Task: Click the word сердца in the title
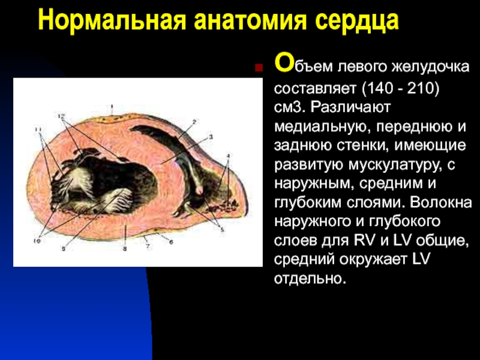356,22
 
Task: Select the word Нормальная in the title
112,21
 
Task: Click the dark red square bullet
259,68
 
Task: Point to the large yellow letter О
284,62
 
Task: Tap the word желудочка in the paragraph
430,67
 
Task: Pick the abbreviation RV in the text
365,241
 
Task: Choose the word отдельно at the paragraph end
310,278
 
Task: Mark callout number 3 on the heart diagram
211,137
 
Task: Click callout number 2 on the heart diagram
194,122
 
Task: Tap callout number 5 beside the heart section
223,230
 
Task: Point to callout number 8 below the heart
125,249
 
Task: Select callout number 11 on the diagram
38,130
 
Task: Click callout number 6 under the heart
171,242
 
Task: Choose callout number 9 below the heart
64,249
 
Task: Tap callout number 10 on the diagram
37,241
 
